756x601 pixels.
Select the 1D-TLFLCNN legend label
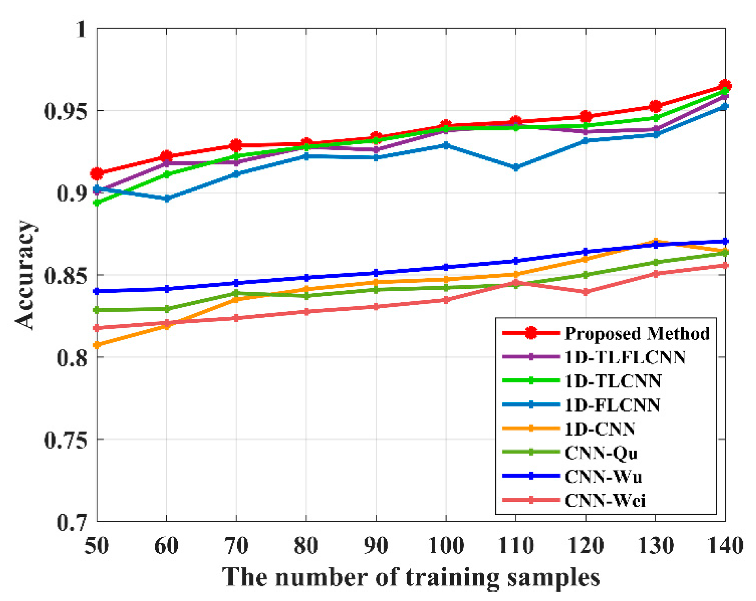pyautogui.click(x=625, y=357)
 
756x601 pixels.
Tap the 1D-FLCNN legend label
pyautogui.click(x=612, y=405)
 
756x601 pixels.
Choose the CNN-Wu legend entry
pyautogui.click(x=603, y=477)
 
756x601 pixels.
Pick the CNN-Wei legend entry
pyautogui.click(x=605, y=501)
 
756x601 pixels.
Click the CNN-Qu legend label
pyautogui.click(x=601, y=453)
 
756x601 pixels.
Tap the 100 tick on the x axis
pyautogui.click(x=446, y=545)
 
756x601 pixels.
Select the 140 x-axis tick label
pyautogui.click(x=725, y=545)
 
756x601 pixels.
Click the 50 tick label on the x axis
pyautogui.click(x=97, y=545)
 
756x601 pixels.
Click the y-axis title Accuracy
pyautogui.click(x=25, y=275)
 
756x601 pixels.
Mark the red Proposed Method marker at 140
pyautogui.click(x=725, y=85)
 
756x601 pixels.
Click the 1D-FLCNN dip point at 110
pyautogui.click(x=516, y=167)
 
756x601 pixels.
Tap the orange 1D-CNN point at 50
pyautogui.click(x=97, y=345)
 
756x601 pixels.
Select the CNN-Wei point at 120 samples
pyautogui.click(x=585, y=292)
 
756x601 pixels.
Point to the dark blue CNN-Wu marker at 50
pyautogui.click(x=97, y=291)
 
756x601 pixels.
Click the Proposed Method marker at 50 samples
pyautogui.click(x=97, y=174)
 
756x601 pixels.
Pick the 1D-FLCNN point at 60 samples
pyautogui.click(x=167, y=199)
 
